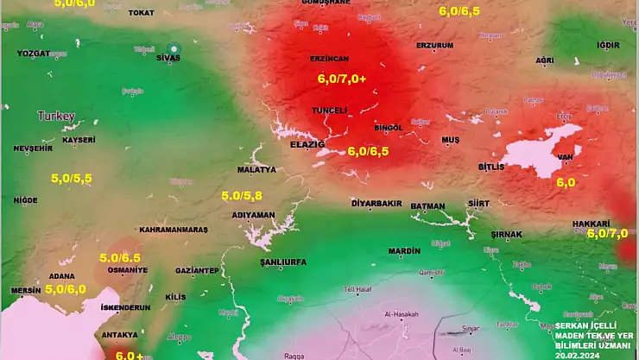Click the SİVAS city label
pyautogui.click(x=168, y=60)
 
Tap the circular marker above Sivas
pyautogui.click(x=174, y=48)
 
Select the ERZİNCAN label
pyautogui.click(x=329, y=58)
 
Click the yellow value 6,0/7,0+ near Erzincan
pyautogui.click(x=342, y=78)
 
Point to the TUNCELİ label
pyautogui.click(x=328, y=111)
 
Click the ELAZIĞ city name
pyautogui.click(x=307, y=144)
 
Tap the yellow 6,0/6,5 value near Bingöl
pyautogui.click(x=368, y=150)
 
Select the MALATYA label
pyautogui.click(x=256, y=170)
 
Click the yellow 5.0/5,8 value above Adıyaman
pyautogui.click(x=244, y=196)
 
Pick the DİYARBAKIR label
pyautogui.click(x=376, y=204)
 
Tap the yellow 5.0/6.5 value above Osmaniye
pyautogui.click(x=120, y=257)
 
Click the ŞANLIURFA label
pyautogui.click(x=283, y=261)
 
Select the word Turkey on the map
pyautogui.click(x=56, y=116)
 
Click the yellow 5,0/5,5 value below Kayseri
pyautogui.click(x=72, y=178)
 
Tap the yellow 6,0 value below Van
pyautogui.click(x=566, y=182)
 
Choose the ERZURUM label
pyautogui.click(x=434, y=45)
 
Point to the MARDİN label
pyautogui.click(x=403, y=251)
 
